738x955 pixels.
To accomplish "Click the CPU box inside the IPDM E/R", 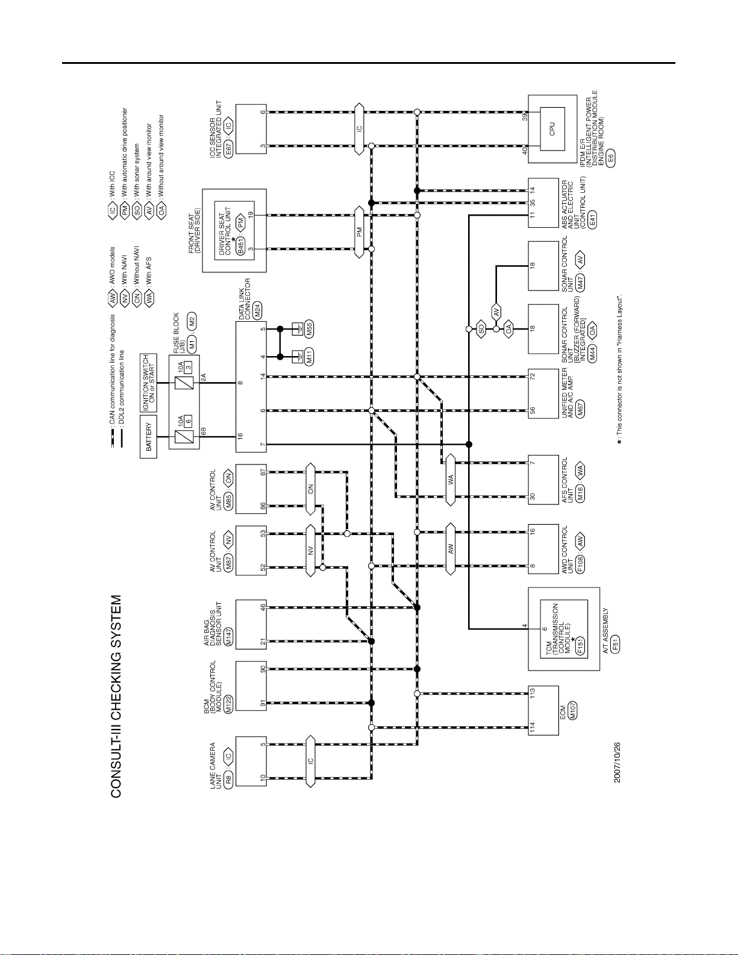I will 552,128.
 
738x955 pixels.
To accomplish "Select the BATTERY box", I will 148,436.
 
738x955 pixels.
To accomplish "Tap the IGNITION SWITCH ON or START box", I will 148,383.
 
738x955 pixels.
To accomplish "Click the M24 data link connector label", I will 257,310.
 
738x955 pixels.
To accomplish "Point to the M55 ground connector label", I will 308,330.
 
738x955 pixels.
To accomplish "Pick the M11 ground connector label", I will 308,357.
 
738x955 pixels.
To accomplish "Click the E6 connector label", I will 610,158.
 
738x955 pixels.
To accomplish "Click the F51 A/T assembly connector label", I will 615,645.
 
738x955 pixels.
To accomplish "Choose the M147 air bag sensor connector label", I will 228,637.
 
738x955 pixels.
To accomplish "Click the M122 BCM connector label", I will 228,705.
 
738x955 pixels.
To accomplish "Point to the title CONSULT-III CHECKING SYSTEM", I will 116,697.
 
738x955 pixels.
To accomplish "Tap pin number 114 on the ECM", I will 533,727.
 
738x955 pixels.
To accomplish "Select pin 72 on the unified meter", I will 533,377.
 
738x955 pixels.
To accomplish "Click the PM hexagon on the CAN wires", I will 359,232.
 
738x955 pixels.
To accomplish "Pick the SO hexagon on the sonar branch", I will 481,329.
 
